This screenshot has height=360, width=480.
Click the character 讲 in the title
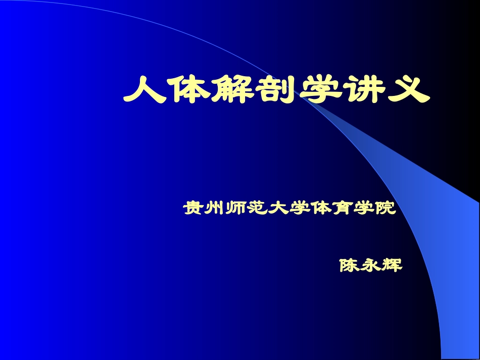(x=364, y=89)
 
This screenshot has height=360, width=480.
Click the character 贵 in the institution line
(x=193, y=208)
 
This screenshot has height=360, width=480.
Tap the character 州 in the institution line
(x=214, y=208)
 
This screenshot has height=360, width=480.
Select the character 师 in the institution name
(x=235, y=208)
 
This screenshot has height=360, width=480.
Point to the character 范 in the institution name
(x=256, y=208)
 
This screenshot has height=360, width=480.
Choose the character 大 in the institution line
(x=277, y=208)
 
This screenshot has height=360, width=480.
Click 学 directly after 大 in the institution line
(x=299, y=208)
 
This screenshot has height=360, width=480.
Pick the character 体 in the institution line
(x=320, y=208)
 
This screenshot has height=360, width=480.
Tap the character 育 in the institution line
(x=341, y=208)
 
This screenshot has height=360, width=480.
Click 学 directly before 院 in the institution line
(x=362, y=208)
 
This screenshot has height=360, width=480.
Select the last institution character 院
(x=384, y=208)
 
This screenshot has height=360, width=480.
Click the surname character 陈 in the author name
(x=350, y=265)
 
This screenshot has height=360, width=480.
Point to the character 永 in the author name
(x=371, y=265)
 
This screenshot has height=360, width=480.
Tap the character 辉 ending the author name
(x=392, y=265)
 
